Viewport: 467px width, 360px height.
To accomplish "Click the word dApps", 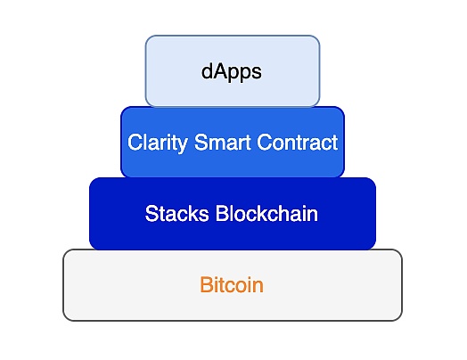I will [x=232, y=71].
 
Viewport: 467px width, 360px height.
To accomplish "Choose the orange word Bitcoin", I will [x=232, y=286].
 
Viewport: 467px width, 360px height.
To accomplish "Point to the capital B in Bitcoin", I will [x=206, y=286].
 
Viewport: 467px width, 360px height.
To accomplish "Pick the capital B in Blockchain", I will [x=222, y=214].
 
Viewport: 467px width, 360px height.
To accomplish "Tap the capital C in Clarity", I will [x=134, y=143].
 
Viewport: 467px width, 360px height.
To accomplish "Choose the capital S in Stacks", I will [x=151, y=214].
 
